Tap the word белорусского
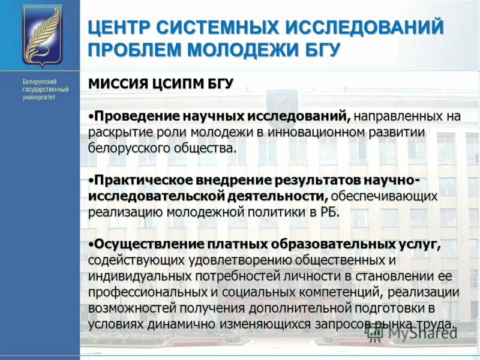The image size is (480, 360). [127, 148]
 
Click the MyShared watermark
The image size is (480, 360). [420, 334]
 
